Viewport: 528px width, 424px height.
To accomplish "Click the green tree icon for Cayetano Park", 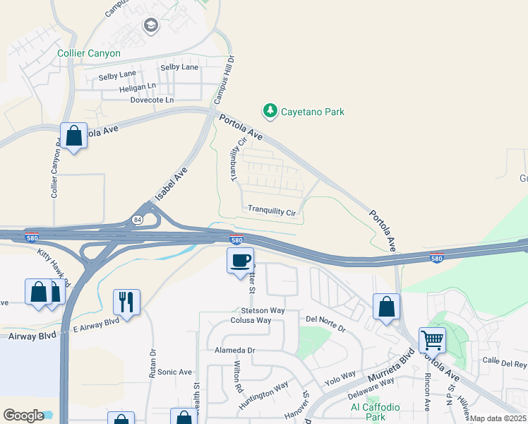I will click(269, 111).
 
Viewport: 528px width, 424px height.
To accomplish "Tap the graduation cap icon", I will click(150, 26).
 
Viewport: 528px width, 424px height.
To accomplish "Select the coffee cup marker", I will click(240, 260).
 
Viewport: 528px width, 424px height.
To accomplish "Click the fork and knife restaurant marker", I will click(126, 302).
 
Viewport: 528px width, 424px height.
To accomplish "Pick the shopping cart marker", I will click(431, 340).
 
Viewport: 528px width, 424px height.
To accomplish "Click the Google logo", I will click(23, 416).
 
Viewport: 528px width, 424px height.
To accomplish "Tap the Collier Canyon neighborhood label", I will click(89, 53).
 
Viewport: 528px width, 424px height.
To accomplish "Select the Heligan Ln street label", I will click(137, 86).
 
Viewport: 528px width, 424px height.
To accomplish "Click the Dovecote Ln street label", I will click(152, 100).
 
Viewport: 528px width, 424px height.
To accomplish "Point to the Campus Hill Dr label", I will click(228, 82).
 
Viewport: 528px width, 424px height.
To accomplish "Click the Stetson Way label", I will click(263, 310).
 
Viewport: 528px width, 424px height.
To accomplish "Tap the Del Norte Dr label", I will click(325, 329).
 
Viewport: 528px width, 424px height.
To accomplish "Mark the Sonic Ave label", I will click(174, 372).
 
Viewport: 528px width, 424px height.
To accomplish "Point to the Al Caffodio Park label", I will click(375, 412).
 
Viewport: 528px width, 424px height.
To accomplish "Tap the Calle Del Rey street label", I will click(504, 364).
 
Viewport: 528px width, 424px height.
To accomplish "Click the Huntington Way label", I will click(263, 395).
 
